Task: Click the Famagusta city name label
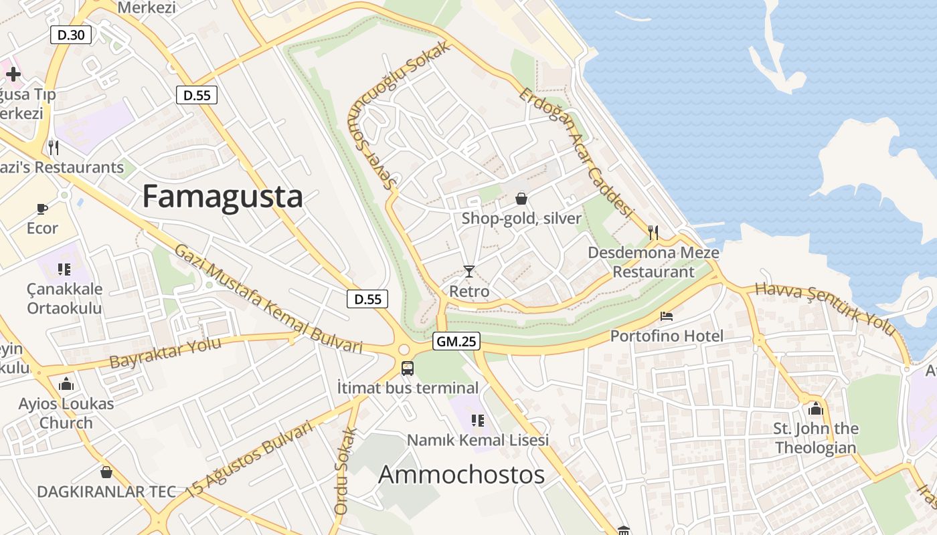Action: click(222, 197)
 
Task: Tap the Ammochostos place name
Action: click(461, 475)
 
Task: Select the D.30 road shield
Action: click(71, 35)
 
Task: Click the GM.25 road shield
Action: click(456, 341)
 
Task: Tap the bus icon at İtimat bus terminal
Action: click(407, 368)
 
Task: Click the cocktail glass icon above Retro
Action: click(469, 271)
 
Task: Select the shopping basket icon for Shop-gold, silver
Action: click(521, 199)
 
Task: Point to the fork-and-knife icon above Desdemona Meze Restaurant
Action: click(653, 232)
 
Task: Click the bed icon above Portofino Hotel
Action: click(667, 316)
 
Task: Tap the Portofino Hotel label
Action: click(667, 336)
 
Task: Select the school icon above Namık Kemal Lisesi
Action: click(477, 420)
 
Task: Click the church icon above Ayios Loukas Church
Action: click(66, 384)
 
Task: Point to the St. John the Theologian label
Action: click(815, 438)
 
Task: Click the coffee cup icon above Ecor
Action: click(42, 209)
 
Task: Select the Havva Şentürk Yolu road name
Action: click(825, 308)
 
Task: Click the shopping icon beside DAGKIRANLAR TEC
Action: click(106, 472)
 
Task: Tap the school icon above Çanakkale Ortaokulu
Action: click(64, 270)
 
